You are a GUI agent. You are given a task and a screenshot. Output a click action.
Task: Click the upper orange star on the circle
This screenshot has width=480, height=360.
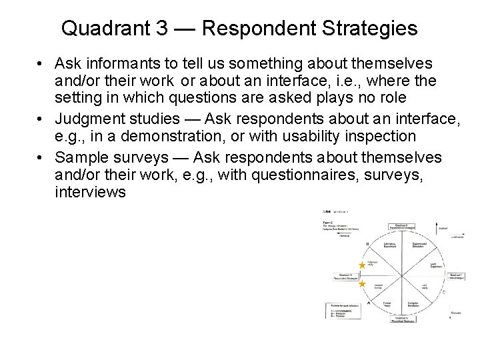pos(362,265)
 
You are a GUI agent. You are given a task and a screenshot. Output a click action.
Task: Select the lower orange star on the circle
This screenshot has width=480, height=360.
pos(362,284)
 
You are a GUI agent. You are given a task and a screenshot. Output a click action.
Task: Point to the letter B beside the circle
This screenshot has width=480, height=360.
pos(367,245)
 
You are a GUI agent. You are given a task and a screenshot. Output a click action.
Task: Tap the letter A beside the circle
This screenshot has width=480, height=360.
pos(367,303)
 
